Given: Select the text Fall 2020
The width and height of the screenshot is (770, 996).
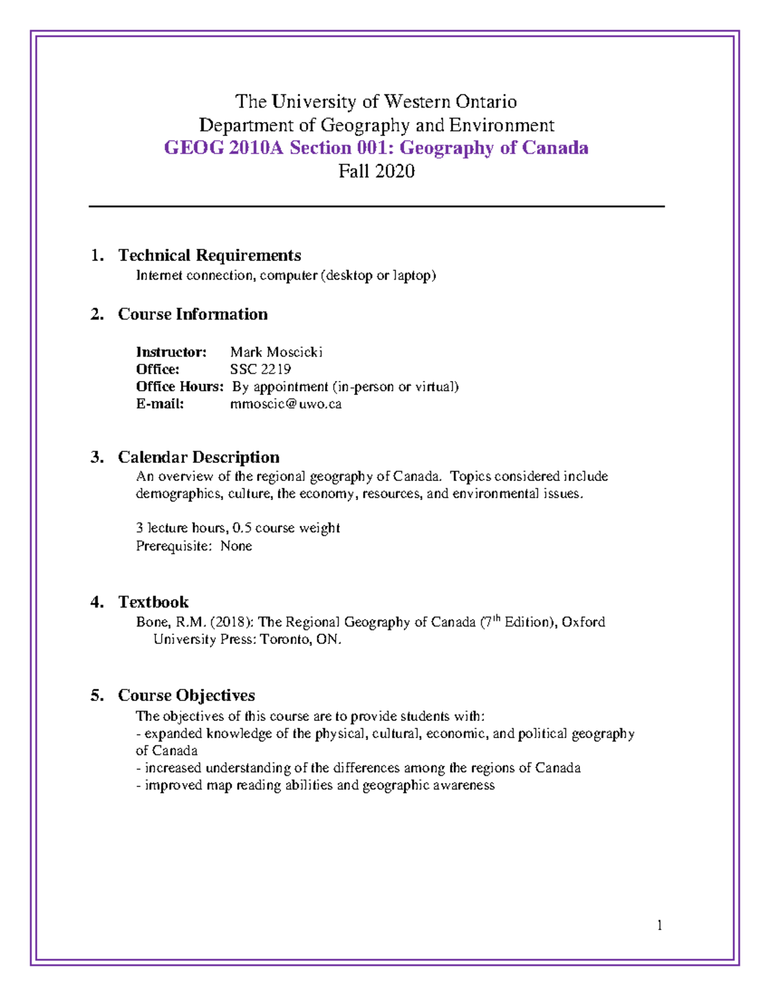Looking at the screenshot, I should click(376, 171).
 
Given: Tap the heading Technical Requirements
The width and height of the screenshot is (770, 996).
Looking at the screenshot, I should click(209, 255).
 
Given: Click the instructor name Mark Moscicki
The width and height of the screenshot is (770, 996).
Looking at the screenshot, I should click(276, 352).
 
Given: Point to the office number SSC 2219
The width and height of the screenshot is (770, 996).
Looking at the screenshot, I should click(260, 369).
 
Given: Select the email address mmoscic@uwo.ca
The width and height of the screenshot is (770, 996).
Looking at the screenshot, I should click(286, 404).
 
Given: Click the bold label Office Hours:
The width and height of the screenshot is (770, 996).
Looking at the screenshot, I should click(180, 387).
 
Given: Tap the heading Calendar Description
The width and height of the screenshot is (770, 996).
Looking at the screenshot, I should click(198, 457).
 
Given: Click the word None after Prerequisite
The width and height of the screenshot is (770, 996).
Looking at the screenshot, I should click(236, 546).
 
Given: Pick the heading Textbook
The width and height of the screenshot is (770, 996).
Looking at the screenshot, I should click(153, 602).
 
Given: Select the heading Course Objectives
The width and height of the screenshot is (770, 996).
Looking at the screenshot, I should click(186, 696).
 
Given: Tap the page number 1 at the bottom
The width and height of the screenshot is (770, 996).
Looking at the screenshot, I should click(659, 925).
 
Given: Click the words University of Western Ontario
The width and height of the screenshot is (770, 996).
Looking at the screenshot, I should click(394, 102).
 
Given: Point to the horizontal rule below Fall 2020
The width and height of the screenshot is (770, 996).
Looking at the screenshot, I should click(376, 207).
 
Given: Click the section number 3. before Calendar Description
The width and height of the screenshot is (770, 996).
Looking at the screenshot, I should click(97, 457).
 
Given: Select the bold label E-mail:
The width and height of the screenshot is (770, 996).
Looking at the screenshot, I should click(160, 404).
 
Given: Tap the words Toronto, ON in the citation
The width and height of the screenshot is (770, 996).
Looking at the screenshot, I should click(300, 640).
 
